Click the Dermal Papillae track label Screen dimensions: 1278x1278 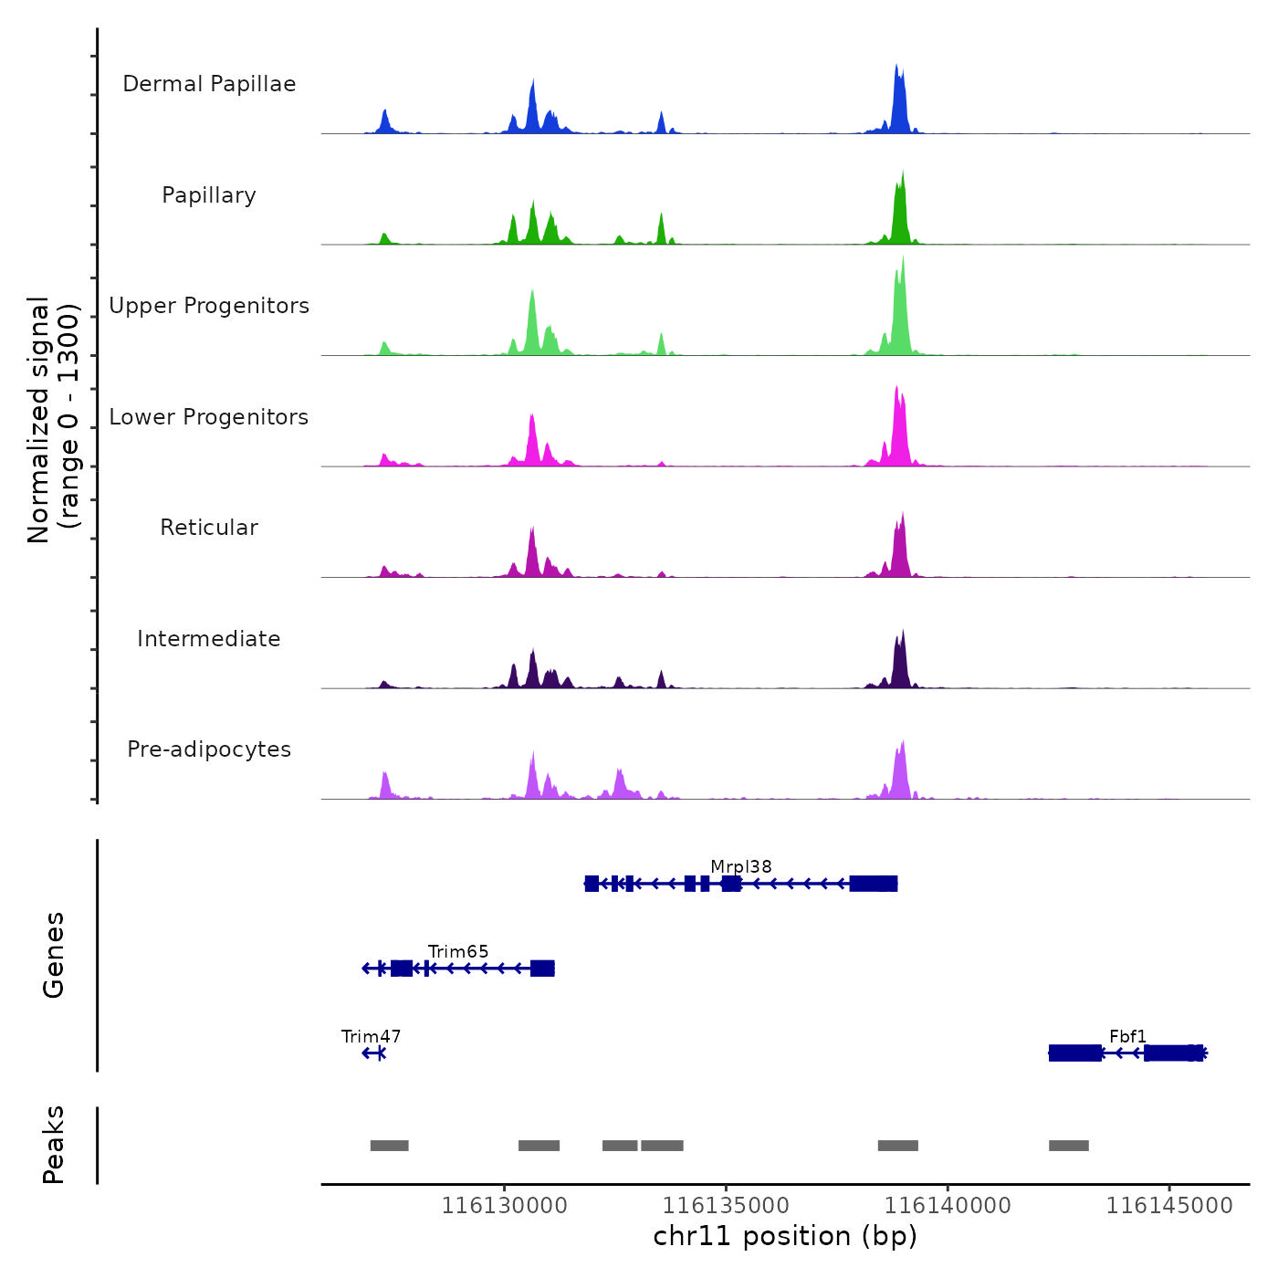[209, 84]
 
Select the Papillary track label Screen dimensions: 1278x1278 [209, 195]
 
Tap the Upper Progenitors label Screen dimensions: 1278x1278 [209, 306]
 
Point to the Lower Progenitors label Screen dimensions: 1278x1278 [209, 417]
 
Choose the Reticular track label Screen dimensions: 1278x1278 [209, 528]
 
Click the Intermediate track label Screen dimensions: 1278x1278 [209, 639]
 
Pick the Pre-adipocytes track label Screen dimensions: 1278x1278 [209, 749]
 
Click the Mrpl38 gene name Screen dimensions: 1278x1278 [741, 866]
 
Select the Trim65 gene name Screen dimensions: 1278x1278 [458, 951]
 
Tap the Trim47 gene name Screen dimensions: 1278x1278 [371, 1036]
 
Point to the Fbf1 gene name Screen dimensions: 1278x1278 [1128, 1036]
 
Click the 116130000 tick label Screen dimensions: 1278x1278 [505, 1206]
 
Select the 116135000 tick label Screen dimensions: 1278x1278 [727, 1206]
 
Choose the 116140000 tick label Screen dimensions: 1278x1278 [948, 1206]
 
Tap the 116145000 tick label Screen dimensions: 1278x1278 [1169, 1206]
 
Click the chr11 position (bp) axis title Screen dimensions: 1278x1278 [785, 1236]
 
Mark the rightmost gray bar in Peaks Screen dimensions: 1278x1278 [1068, 1146]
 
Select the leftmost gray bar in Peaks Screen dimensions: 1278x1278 [390, 1146]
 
